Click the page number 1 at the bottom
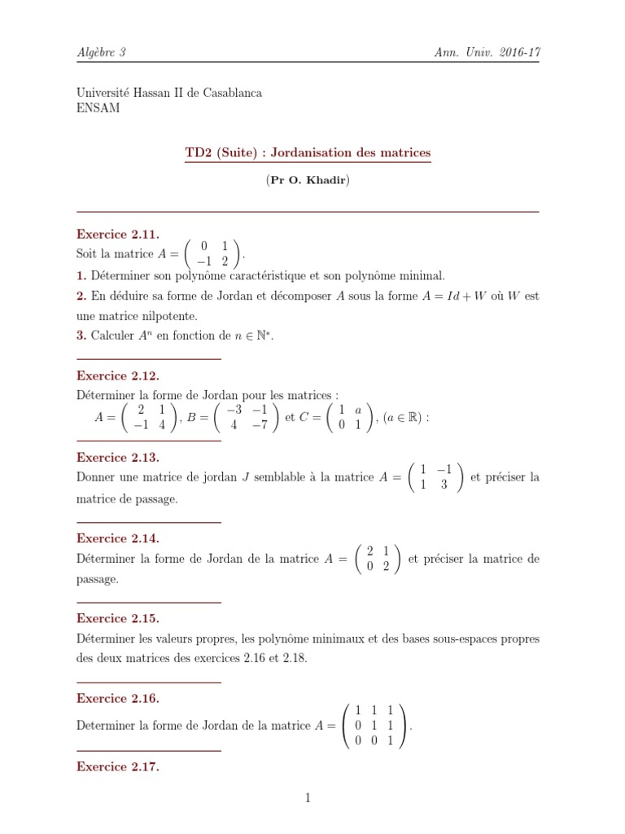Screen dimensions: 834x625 pyautogui.click(x=308, y=798)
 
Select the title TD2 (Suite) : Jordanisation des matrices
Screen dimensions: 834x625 pyautogui.click(x=308, y=152)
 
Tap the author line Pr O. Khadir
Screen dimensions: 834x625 pyautogui.click(x=308, y=181)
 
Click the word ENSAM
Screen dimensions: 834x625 pyautogui.click(x=98, y=108)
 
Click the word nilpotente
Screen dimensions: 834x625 pyautogui.click(x=168, y=315)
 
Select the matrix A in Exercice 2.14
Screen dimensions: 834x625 pyautogui.click(x=378, y=559)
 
